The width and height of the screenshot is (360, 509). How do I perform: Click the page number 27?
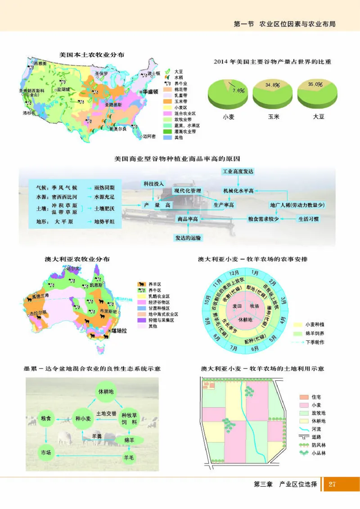332,484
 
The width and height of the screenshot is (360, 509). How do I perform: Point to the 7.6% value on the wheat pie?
238,90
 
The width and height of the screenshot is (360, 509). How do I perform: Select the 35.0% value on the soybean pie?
315,84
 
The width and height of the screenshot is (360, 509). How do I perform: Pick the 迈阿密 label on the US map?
149,136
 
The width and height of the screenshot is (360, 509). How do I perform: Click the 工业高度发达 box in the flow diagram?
238,172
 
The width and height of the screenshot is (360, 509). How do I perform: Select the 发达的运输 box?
188,237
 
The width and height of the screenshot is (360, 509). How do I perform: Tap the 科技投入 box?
153,184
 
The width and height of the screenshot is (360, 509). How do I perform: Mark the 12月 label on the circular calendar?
234,273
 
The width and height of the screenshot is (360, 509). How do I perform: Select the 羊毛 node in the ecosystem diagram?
129,457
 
